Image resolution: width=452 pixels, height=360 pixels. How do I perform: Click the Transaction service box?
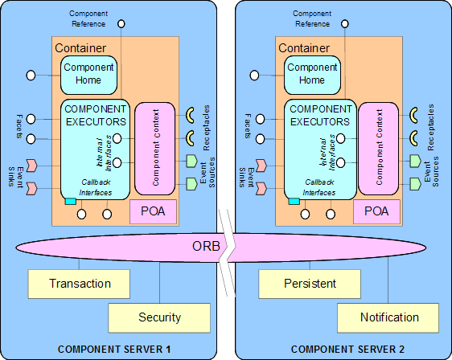[x=80, y=283]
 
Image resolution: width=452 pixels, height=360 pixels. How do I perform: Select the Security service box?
[x=159, y=317]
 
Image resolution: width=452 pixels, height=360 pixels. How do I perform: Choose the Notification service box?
[x=389, y=317]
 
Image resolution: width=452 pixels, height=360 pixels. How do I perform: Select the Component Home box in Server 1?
[x=88, y=74]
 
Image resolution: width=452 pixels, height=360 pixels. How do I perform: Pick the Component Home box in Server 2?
[x=312, y=74]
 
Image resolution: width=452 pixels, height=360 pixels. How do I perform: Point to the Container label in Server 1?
[x=80, y=48]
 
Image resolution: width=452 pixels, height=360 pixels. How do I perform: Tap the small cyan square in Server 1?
[x=70, y=200]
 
